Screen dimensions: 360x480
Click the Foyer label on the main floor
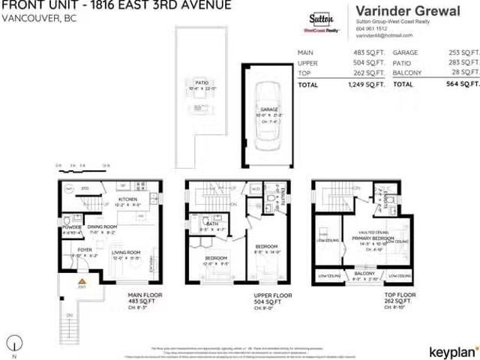coord(83,250)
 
